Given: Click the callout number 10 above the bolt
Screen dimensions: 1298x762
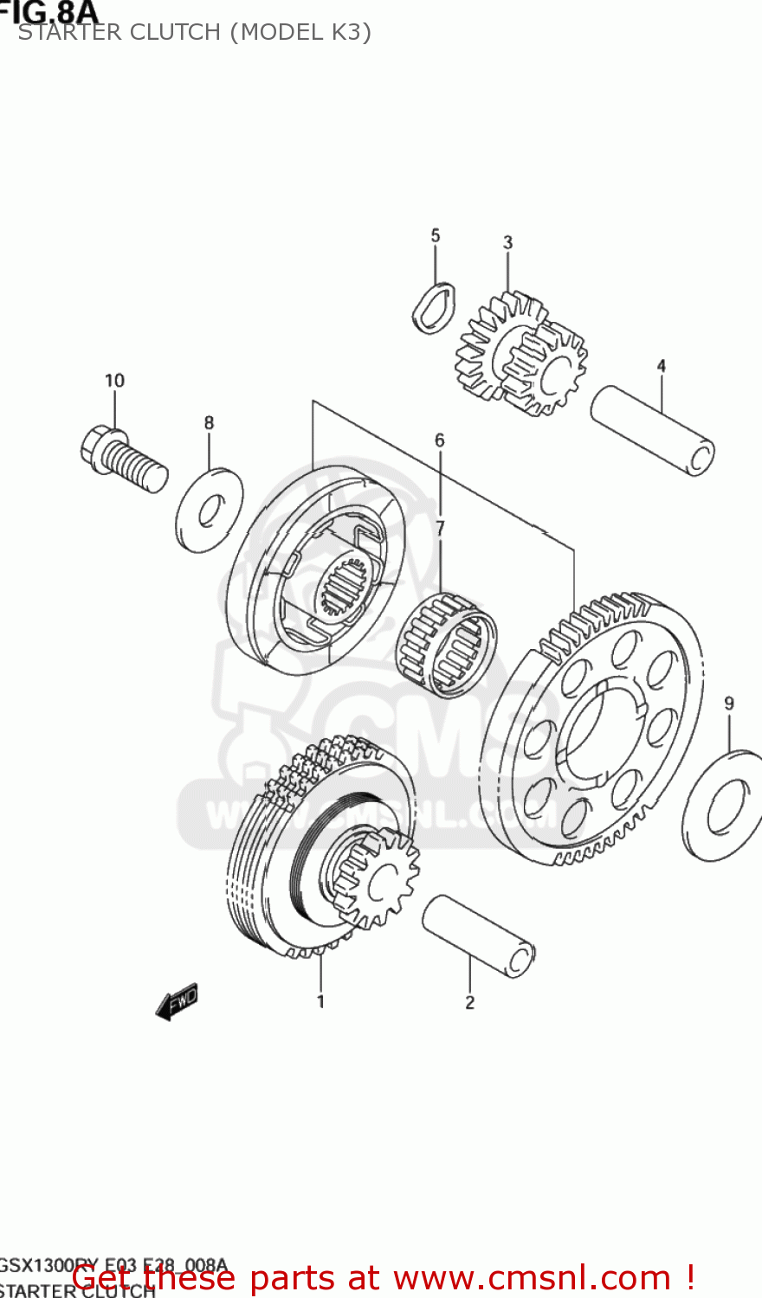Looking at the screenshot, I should point(114,381).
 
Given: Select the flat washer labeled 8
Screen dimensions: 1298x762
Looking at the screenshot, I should point(210,511).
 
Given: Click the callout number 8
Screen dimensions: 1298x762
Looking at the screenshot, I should point(209,423).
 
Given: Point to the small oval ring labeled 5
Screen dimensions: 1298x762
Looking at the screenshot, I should point(433,308).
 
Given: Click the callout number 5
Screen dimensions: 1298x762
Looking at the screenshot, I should point(436,235).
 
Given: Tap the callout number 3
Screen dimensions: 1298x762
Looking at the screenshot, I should point(508,243).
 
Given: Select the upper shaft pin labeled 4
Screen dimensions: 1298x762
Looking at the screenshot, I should point(653,430).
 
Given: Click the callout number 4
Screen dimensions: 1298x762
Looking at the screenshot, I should point(662,366).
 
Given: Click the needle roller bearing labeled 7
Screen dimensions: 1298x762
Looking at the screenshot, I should point(447,645).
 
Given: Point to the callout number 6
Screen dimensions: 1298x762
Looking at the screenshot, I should point(440,440).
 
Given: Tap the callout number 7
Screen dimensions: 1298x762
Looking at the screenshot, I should point(440,528).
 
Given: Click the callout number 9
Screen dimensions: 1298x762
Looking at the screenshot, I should point(729,704).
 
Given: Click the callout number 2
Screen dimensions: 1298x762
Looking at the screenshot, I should point(469,1003).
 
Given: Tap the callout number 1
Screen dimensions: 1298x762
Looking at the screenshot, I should point(320,1002).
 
